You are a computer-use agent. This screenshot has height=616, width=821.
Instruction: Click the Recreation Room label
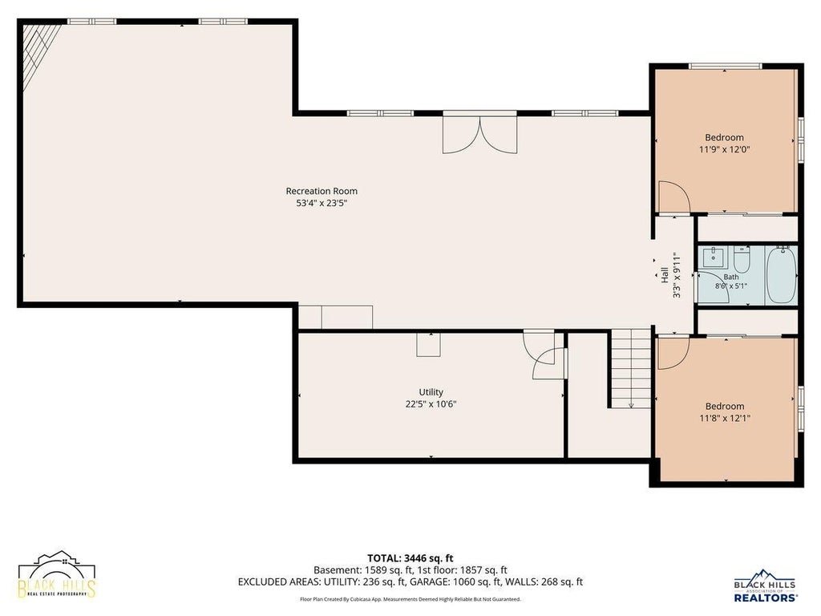coord(322,191)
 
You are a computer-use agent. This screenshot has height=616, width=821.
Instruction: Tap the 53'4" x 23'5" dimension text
coord(322,203)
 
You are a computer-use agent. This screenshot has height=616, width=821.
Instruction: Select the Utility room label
coord(431,391)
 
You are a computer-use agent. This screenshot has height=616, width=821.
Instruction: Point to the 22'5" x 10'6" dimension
coord(431,404)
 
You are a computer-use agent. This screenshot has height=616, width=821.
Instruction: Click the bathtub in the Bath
coord(781,274)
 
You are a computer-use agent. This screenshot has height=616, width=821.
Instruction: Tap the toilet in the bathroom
coord(742,257)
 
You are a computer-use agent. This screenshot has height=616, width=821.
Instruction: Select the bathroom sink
coord(713,257)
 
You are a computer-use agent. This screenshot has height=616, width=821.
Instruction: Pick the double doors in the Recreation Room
coord(479,135)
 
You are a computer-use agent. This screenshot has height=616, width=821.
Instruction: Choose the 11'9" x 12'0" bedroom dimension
coord(725,149)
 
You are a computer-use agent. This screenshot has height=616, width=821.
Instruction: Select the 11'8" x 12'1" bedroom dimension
coord(725,418)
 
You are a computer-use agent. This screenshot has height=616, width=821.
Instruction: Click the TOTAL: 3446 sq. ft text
coord(410,558)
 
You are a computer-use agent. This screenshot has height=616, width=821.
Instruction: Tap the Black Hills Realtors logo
coord(766,585)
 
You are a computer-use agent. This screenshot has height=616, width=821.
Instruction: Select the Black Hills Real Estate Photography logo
coord(57,574)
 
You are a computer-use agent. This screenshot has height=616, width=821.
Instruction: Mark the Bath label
coord(731,277)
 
